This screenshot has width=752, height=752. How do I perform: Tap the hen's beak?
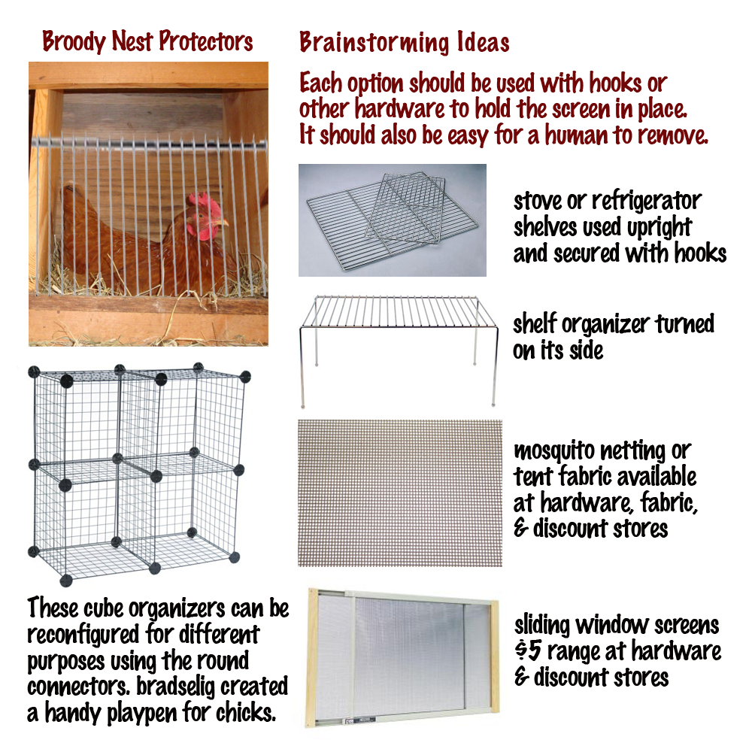click(x=222, y=223)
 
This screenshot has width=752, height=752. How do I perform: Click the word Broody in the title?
click(x=74, y=41)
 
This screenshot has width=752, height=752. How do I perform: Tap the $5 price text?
click(x=528, y=650)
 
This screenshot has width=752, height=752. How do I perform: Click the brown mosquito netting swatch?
click(x=400, y=493)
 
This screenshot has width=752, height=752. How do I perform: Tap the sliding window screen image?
click(x=402, y=657)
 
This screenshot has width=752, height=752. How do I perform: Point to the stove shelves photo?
click(x=393, y=220)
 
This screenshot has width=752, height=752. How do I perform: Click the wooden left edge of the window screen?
click(x=312, y=657)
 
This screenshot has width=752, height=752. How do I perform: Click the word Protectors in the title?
click(x=206, y=41)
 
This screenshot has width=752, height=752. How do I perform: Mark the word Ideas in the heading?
click(x=483, y=42)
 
